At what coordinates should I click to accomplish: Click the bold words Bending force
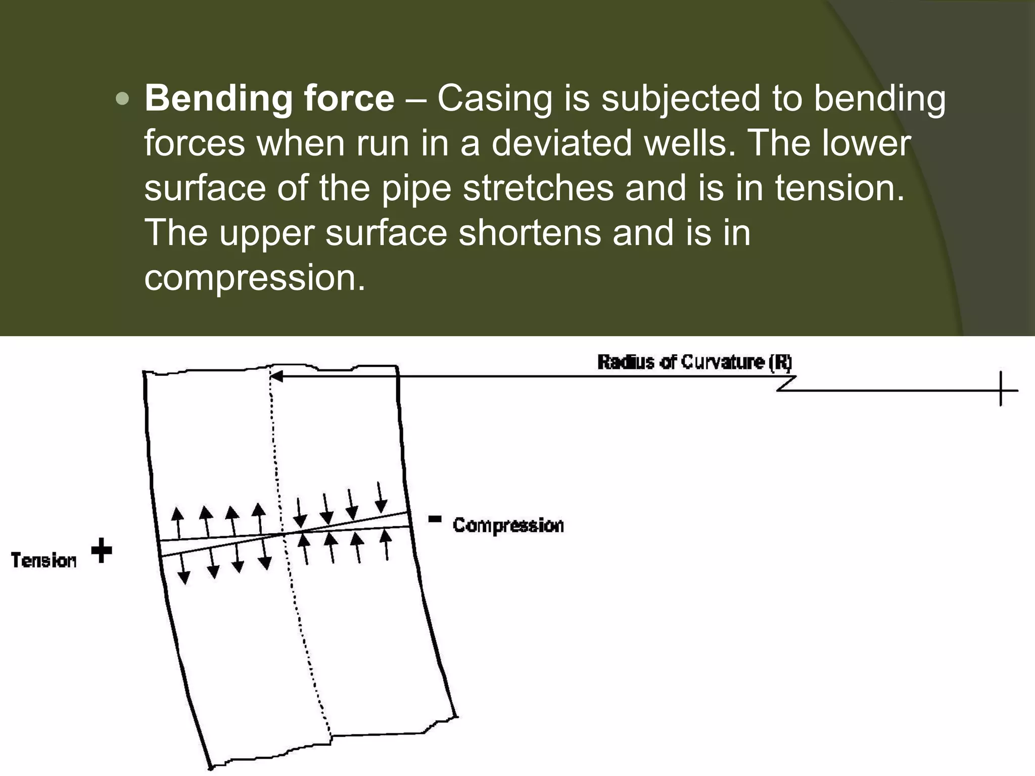point(269,98)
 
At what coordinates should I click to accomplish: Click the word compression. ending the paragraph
point(254,278)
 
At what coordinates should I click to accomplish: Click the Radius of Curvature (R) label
point(694,363)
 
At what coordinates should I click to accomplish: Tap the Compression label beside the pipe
point(508,525)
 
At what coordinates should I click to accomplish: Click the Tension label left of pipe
point(44,560)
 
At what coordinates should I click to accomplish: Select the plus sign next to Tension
point(102,551)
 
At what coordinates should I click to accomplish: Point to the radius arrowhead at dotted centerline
point(276,376)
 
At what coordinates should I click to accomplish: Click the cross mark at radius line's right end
point(1001,390)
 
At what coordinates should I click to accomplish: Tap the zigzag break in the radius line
point(786,383)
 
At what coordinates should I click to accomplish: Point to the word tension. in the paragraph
point(839,188)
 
